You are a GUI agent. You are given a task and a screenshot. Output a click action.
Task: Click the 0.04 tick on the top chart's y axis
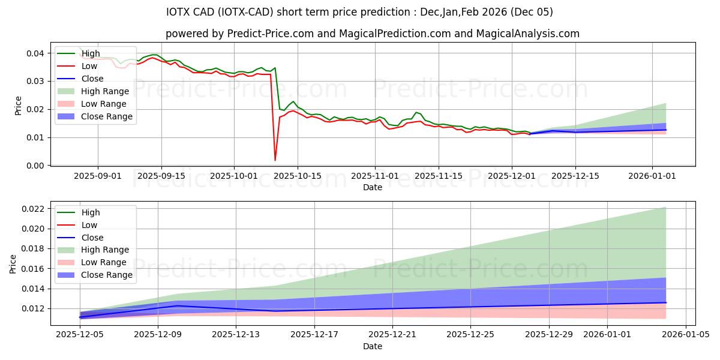tap(35, 53)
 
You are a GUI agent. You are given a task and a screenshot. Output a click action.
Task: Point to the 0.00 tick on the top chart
tap(35, 166)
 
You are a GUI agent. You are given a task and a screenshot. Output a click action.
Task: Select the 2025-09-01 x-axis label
tap(98, 176)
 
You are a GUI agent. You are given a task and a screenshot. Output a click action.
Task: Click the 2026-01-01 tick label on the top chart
tap(653, 176)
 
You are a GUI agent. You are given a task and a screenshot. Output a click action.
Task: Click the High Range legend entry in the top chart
tap(104, 91)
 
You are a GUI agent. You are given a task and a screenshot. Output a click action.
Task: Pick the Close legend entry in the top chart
tap(92, 79)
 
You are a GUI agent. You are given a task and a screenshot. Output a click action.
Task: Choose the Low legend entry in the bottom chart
tap(90, 225)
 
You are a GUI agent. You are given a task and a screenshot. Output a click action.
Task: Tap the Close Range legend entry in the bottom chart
tap(106, 275)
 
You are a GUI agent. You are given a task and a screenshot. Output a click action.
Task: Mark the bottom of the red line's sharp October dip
tap(275, 160)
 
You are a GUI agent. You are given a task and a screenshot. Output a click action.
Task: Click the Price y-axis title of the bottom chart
tap(13, 263)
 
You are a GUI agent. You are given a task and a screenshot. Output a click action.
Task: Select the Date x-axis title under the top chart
tap(373, 187)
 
